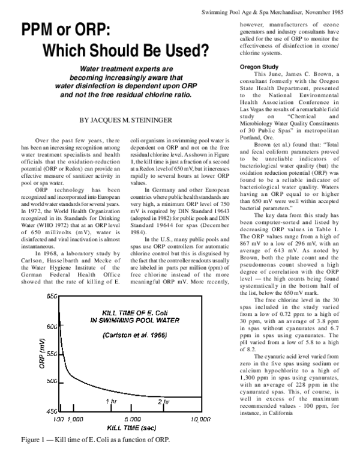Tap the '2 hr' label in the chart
[x=163, y=401]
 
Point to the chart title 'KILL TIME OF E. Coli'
[x=128, y=312]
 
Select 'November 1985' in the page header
[x=329, y=12]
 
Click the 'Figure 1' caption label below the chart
[x=36, y=440]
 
